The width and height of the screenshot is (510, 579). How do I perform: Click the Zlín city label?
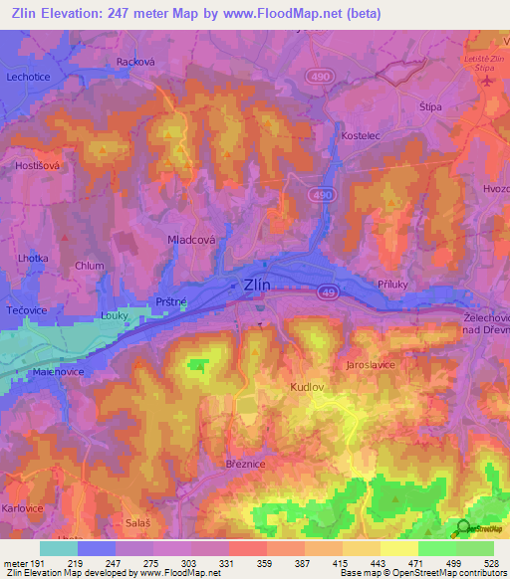[257, 286]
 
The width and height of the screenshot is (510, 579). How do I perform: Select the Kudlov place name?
[308, 384]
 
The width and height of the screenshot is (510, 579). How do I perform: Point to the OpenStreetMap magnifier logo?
[462, 529]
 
